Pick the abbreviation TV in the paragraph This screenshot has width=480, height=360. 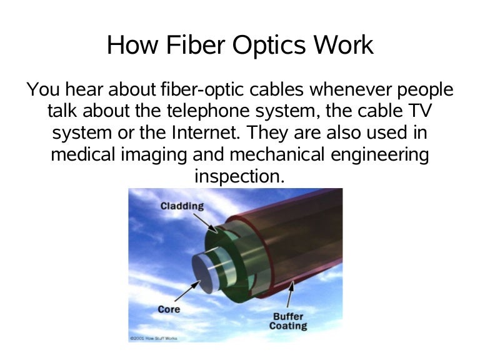click(420, 112)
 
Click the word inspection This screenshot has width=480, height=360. click(239, 177)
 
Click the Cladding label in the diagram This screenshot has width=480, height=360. click(182, 206)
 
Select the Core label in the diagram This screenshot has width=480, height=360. click(169, 309)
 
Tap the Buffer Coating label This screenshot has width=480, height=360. click(288, 321)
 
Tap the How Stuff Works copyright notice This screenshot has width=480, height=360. click(153, 338)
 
